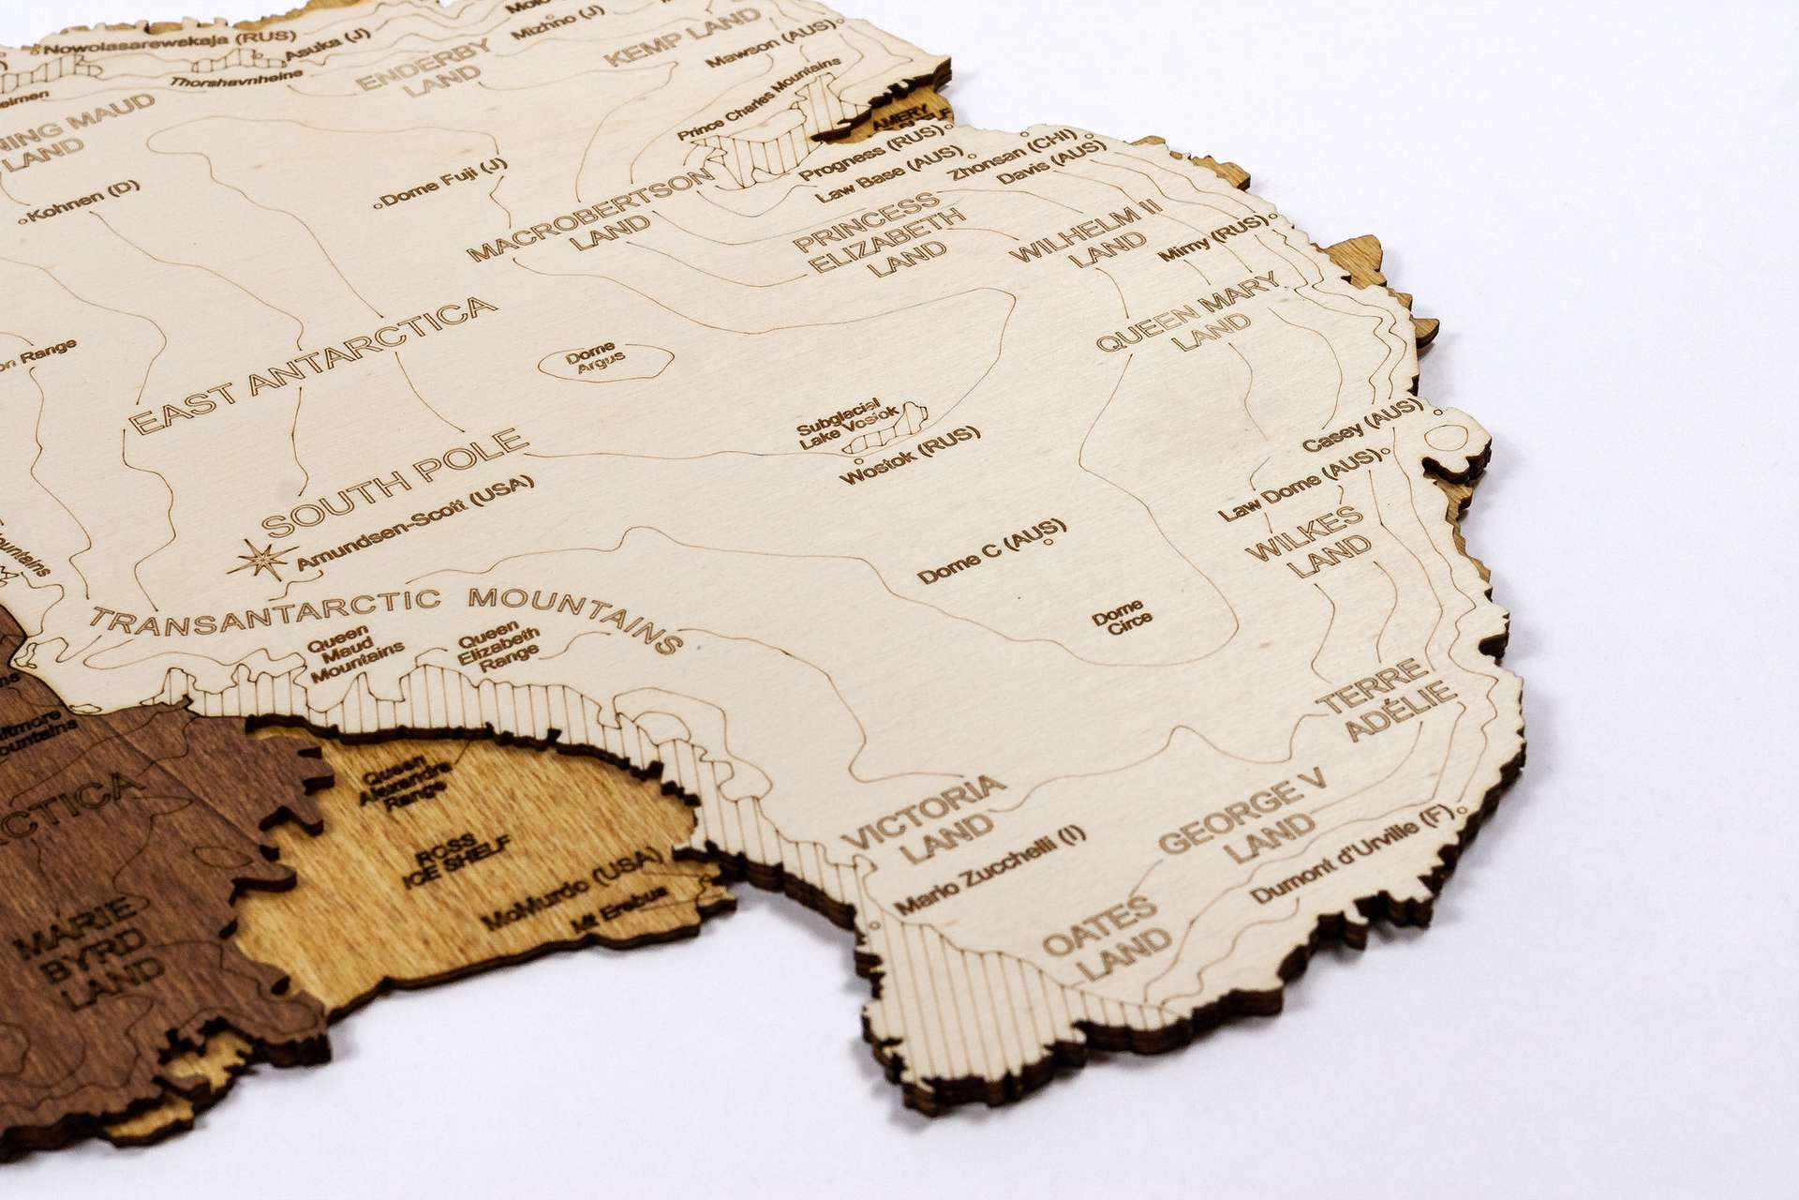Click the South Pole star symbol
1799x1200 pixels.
click(261, 560)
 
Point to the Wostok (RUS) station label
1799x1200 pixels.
click(909, 455)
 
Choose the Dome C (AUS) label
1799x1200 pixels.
click(992, 549)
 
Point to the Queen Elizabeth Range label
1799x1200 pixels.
click(499, 647)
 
